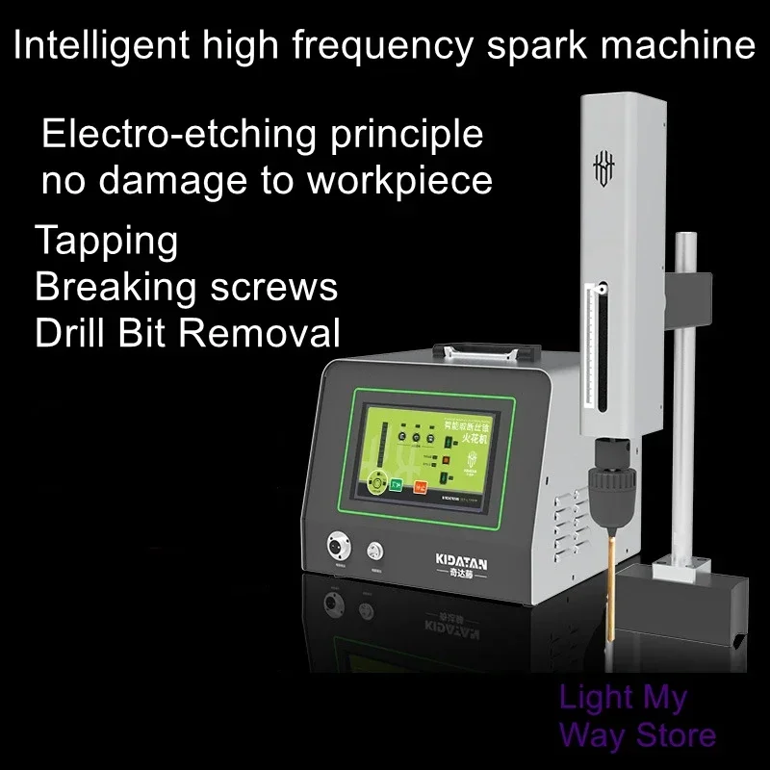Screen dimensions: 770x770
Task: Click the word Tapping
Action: point(106,242)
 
